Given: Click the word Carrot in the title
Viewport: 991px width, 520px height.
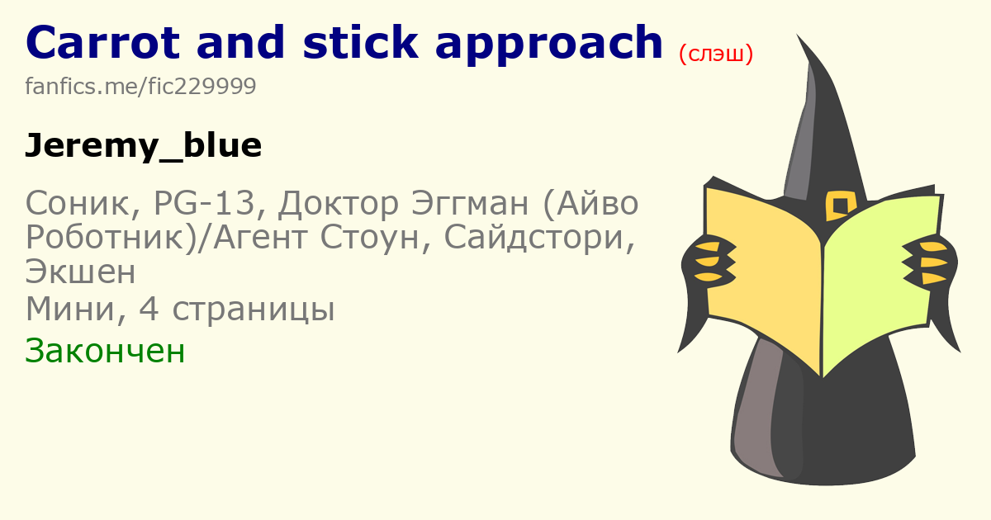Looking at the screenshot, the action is (102, 42).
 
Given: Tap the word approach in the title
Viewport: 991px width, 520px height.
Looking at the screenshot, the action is (549, 45).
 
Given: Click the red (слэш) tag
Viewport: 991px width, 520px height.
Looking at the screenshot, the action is (716, 54).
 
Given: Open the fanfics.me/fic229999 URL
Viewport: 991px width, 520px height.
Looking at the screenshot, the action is (140, 86).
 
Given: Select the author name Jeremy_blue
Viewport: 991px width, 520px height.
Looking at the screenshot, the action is (144, 146).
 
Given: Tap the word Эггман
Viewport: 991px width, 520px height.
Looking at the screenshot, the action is (470, 203).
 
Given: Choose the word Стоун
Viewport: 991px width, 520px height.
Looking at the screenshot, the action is (369, 238).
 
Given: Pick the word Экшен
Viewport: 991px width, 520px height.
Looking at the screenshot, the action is (81, 272).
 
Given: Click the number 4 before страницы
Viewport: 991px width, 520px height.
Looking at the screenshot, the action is (149, 309).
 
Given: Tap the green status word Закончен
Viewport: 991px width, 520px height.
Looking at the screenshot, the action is (105, 351).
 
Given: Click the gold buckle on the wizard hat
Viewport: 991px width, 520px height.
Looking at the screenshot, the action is (841, 206).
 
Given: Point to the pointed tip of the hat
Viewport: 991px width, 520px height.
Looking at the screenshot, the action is (798, 35).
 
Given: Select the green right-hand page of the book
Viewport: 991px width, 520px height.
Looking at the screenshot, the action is (880, 283).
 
